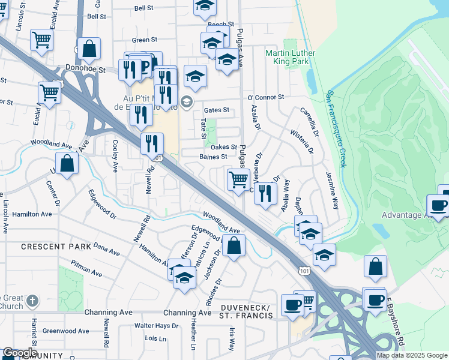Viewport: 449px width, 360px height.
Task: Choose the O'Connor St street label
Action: [x=265, y=97]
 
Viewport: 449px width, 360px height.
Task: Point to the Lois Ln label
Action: [x=155, y=339]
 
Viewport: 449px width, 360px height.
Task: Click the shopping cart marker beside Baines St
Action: [x=239, y=179]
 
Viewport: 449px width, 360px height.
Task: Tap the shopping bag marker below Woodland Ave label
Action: [x=234, y=245]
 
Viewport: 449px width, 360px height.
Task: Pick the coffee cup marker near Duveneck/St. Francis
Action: [x=292, y=304]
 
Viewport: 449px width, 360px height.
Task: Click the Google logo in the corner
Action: [x=19, y=353]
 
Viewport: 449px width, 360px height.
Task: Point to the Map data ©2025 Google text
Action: [x=412, y=355]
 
